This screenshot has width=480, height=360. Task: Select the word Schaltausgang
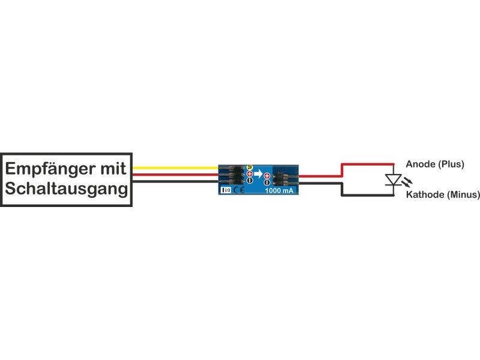click(x=67, y=189)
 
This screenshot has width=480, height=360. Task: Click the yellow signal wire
click(x=174, y=168)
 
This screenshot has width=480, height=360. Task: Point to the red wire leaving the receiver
click(x=174, y=175)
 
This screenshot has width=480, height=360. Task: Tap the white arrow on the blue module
click(x=258, y=175)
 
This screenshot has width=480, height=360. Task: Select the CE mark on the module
click(x=238, y=190)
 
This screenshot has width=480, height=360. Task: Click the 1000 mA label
click(x=279, y=190)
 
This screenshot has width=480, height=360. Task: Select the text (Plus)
click(x=451, y=164)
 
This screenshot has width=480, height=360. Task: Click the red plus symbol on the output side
click(x=267, y=175)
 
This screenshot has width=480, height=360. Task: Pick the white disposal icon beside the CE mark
click(x=224, y=190)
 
